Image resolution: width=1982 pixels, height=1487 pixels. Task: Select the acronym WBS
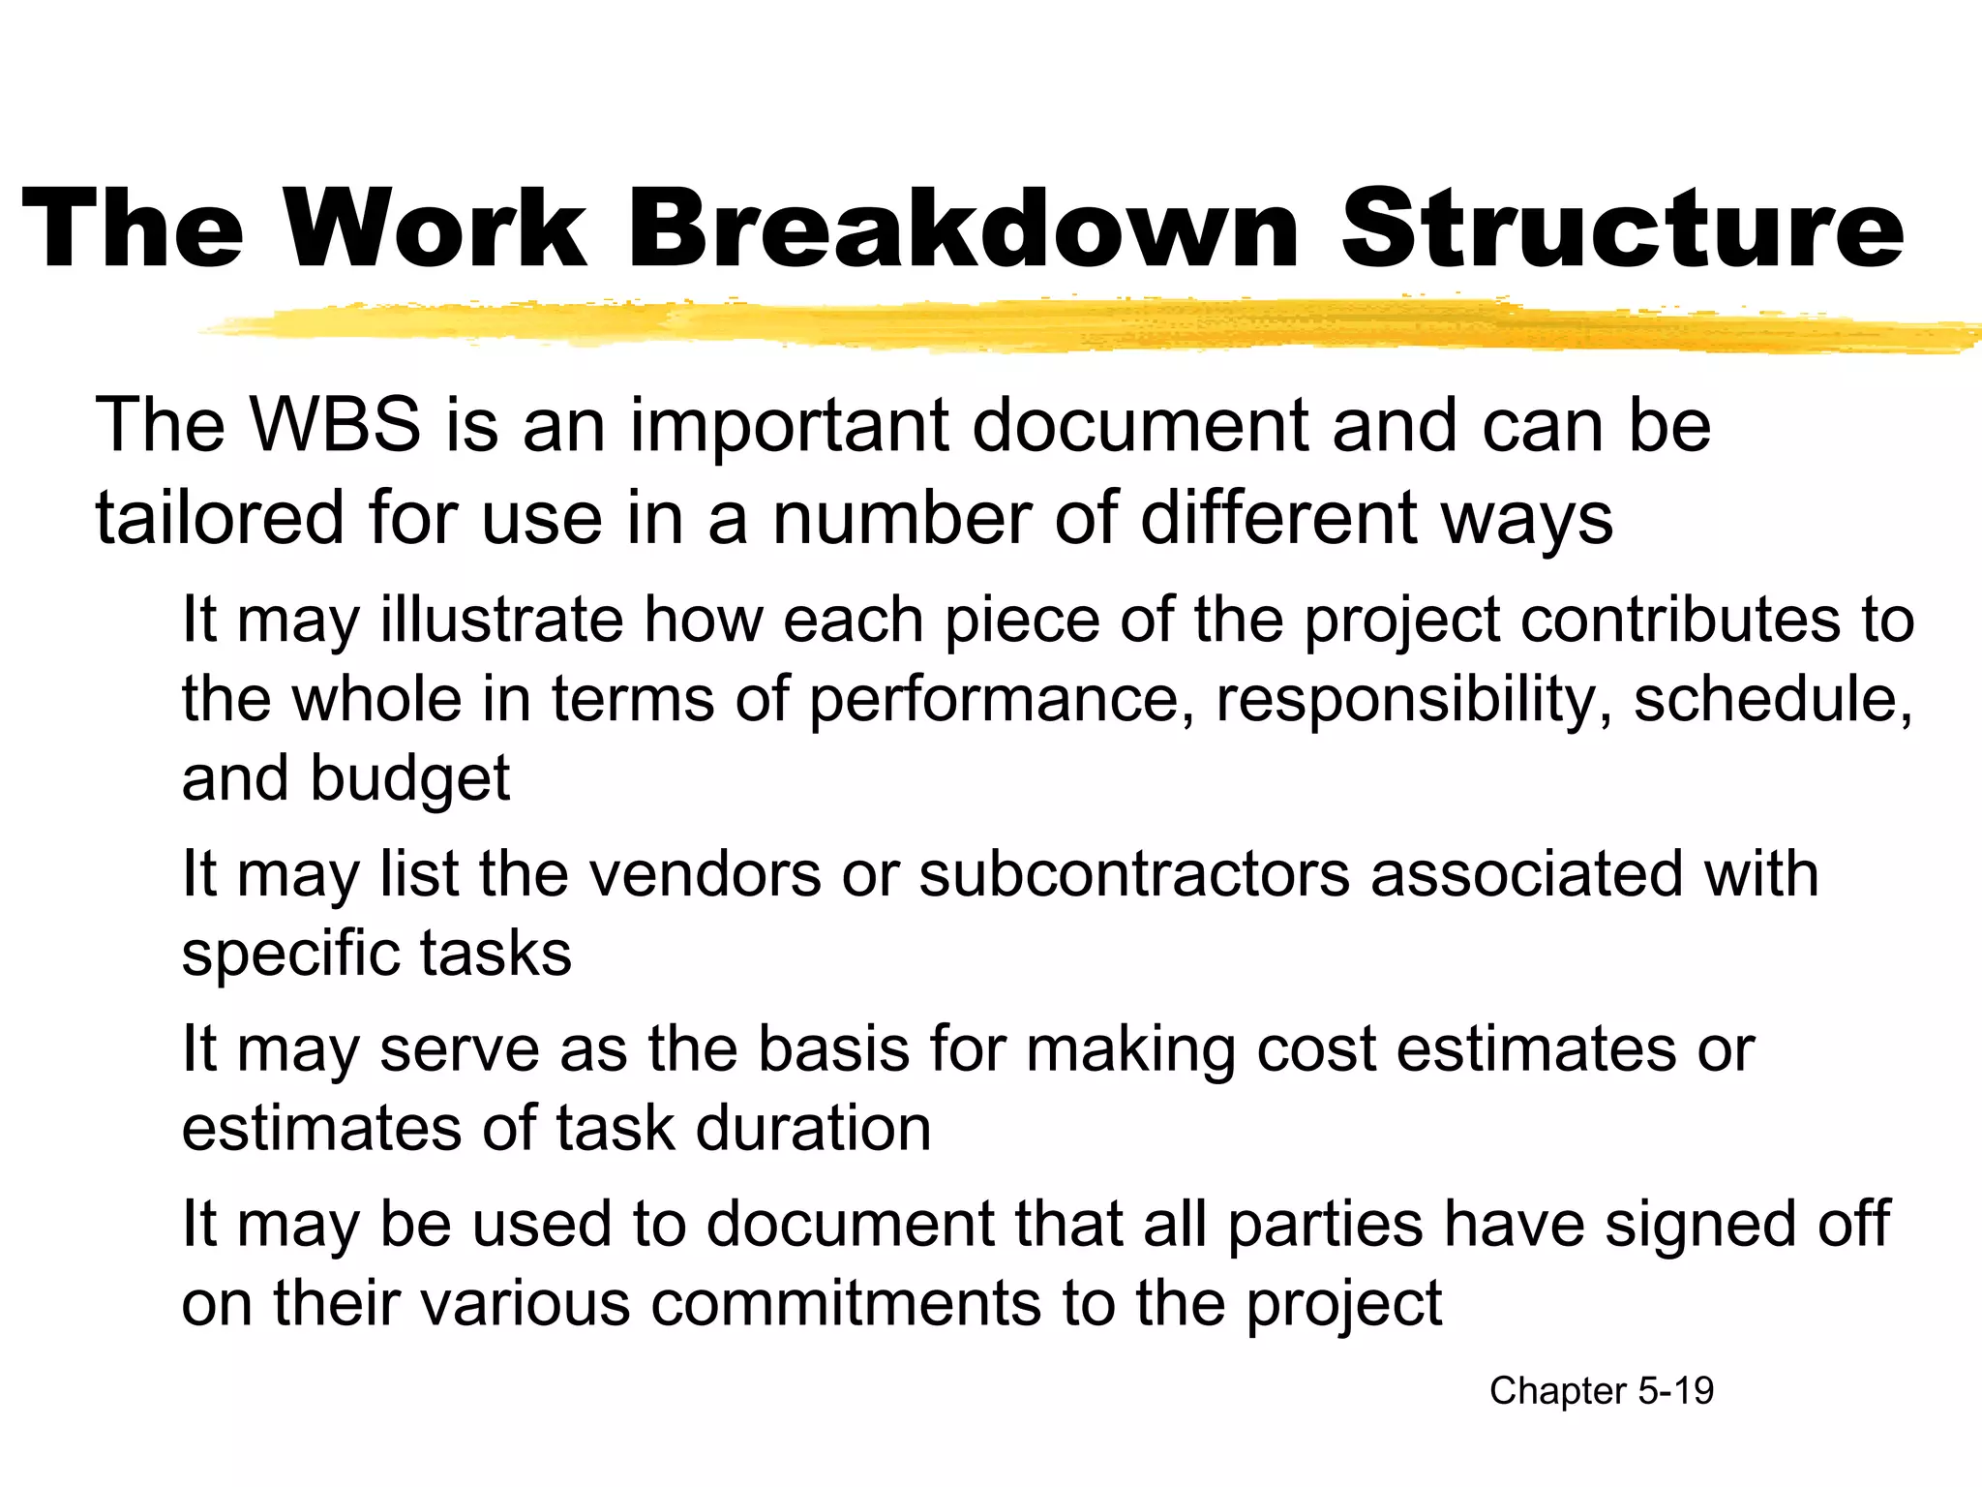pyautogui.click(x=336, y=425)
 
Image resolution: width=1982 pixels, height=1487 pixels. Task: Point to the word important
pyautogui.click(x=790, y=427)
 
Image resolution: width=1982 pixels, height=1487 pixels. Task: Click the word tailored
pyautogui.click(x=220, y=517)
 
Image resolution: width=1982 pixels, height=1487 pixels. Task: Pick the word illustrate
pyautogui.click(x=501, y=620)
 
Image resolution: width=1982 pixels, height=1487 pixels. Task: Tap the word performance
pyautogui.click(x=1001, y=700)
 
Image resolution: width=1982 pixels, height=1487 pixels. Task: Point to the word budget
pyautogui.click(x=409, y=779)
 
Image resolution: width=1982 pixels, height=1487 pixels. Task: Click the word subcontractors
pyautogui.click(x=1133, y=874)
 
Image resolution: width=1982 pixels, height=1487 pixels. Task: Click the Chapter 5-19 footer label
pyautogui.click(x=1601, y=1391)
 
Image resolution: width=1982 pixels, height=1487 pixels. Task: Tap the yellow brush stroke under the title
pyautogui.click(x=1065, y=325)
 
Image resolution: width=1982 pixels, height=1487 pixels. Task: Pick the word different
pyautogui.click(x=1278, y=517)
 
